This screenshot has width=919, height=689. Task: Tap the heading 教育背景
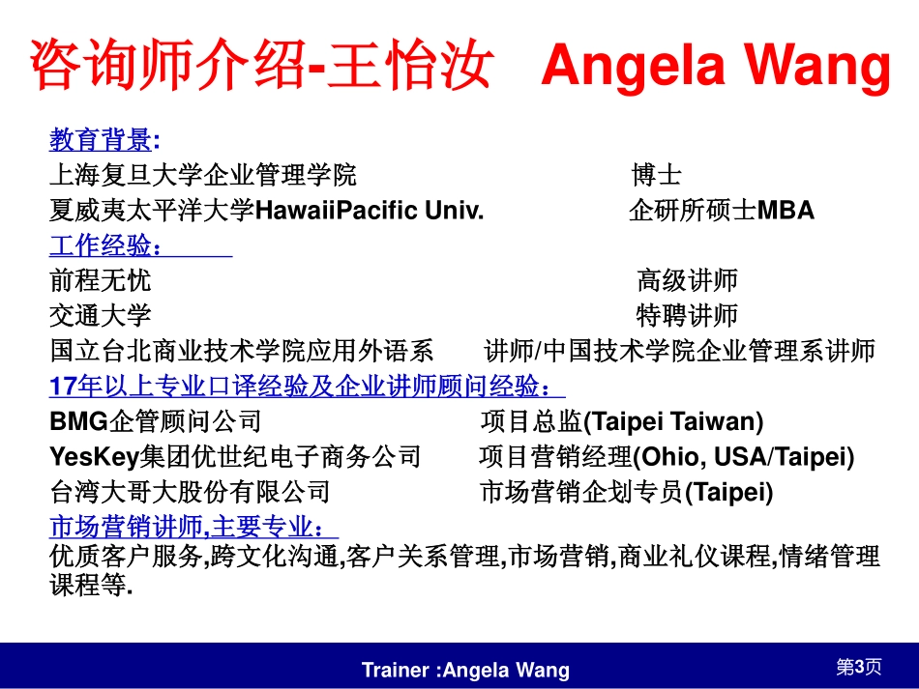pos(101,139)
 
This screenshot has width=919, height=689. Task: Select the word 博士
pos(657,175)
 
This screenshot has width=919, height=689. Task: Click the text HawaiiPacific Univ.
pos(370,210)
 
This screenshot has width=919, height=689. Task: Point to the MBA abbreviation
pos(786,210)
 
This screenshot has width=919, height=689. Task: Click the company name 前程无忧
pos(101,280)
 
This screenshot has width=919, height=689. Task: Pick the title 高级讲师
pos(687,280)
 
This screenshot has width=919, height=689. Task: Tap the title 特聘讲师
pos(687,316)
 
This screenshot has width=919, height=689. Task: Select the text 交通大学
pos(101,316)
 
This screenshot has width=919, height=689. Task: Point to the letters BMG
pos(79,421)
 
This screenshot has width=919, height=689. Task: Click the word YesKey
pos(95,457)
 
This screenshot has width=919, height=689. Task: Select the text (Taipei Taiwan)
pos(674,421)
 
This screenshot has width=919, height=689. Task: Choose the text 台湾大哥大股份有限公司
pos(191,492)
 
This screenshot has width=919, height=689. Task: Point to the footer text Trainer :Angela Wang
pos(465,670)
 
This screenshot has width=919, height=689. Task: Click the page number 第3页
pos(859,667)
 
